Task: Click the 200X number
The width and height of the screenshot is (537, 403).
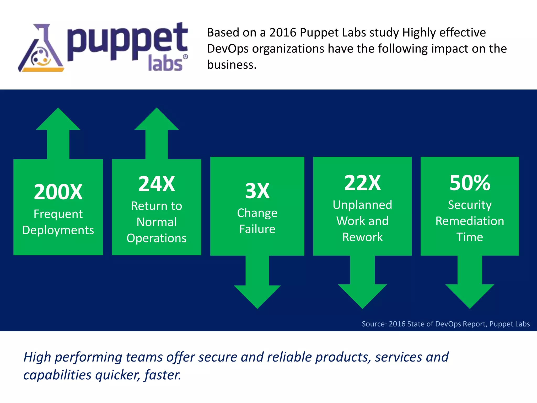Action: tap(58, 192)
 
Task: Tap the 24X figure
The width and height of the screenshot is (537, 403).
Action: tap(157, 184)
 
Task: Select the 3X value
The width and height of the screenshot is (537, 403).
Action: tap(257, 191)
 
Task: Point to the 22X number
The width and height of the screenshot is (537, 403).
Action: tap(362, 183)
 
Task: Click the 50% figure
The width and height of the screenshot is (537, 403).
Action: tap(470, 183)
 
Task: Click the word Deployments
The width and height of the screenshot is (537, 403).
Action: tap(58, 230)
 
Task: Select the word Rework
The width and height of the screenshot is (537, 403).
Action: tap(362, 237)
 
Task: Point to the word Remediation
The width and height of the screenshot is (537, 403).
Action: tap(470, 221)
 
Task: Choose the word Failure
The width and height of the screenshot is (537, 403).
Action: tap(257, 229)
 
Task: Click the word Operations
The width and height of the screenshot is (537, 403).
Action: tap(157, 238)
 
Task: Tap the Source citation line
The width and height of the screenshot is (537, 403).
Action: tap(445, 324)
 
